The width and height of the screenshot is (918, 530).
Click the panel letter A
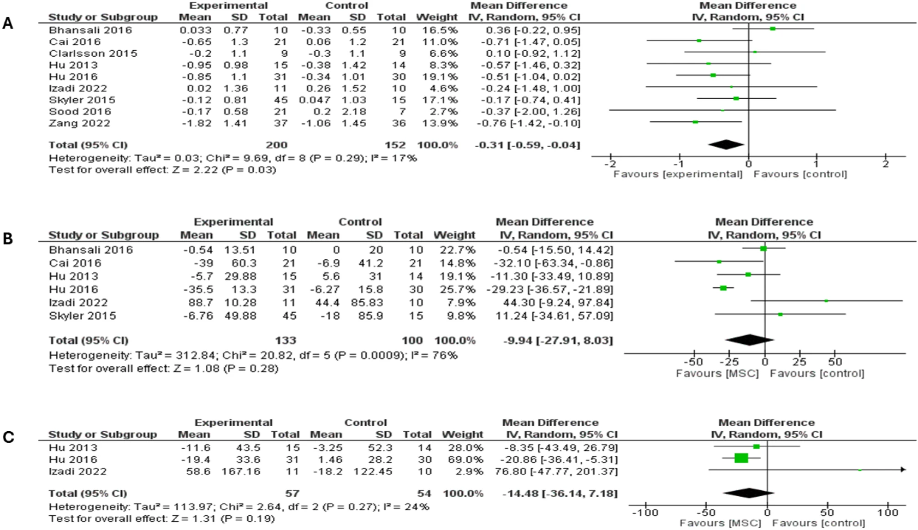tap(7, 23)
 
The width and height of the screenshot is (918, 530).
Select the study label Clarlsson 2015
tap(93, 54)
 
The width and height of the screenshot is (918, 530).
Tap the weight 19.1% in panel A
tap(437, 77)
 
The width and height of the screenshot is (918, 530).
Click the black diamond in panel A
tap(726, 145)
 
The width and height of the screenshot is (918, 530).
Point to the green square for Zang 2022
tap(695, 122)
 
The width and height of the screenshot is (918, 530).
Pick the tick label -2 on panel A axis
tap(611, 164)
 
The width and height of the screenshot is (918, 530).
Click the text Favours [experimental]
tap(678, 174)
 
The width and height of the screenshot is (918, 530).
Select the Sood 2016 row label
tap(80, 112)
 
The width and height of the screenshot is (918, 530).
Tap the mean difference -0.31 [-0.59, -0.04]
tap(527, 145)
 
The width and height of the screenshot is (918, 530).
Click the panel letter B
tap(7, 238)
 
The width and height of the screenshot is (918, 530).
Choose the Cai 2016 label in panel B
tap(75, 263)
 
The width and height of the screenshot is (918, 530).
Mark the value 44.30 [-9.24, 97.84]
tap(554, 303)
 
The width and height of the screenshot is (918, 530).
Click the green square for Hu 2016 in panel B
tap(723, 288)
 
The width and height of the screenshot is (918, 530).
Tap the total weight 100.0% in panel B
tap(454, 341)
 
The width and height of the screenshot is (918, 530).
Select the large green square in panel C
tap(741, 458)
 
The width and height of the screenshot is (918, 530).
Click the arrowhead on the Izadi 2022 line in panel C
tap(903, 470)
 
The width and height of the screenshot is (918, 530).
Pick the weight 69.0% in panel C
tap(462, 460)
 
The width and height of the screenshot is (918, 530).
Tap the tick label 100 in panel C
tap(887, 513)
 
